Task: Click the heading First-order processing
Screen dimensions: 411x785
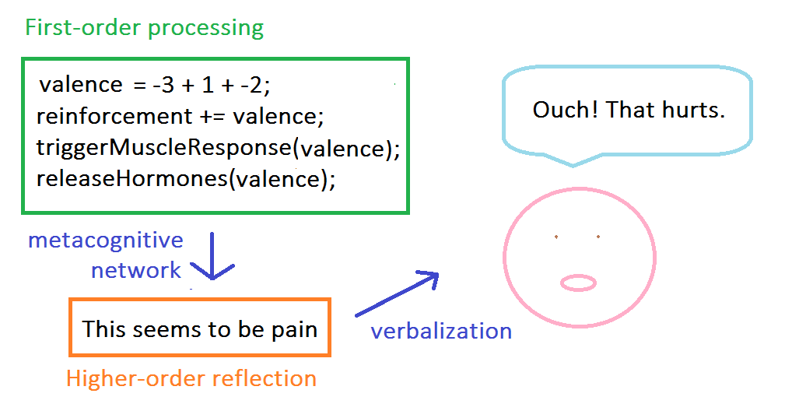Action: [x=145, y=29]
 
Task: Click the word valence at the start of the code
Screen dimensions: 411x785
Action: [x=81, y=84]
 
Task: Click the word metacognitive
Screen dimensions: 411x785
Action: [x=106, y=240]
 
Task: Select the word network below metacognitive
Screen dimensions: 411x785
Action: [x=136, y=271]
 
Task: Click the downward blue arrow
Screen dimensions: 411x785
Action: [x=212, y=256]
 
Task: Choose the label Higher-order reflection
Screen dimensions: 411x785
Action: [x=191, y=379]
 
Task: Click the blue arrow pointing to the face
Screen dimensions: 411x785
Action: [x=397, y=293]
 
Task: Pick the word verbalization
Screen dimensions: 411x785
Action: [x=441, y=331]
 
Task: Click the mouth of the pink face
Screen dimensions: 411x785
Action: [x=579, y=283]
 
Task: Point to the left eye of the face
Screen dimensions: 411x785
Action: [x=556, y=236]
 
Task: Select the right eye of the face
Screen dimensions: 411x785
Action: [x=598, y=236]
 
